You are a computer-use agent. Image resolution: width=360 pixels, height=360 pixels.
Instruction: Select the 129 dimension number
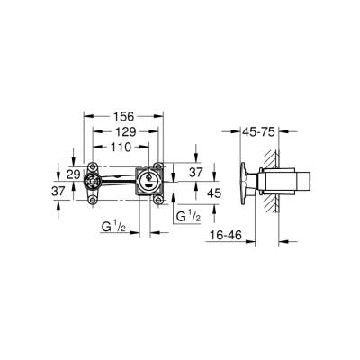122,132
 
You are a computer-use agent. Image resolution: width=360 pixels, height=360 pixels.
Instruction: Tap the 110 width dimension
122,147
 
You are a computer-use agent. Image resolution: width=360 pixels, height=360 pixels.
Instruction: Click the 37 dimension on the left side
58,191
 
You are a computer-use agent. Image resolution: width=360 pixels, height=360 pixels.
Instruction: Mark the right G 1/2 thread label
187,217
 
